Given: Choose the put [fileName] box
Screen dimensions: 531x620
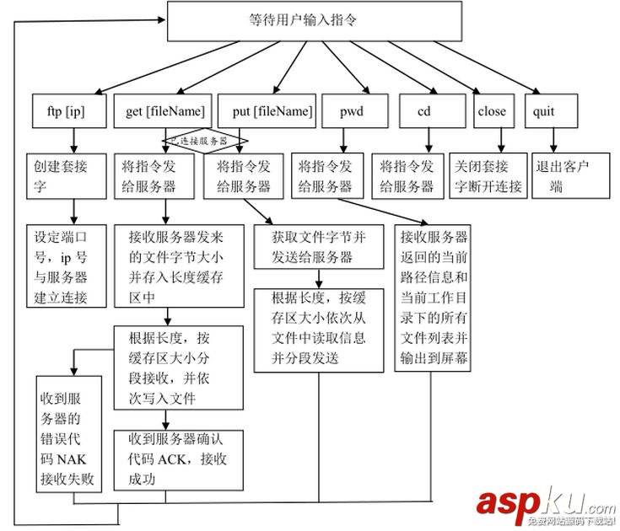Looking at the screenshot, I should [266, 110].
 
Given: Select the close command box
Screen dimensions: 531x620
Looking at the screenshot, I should [492, 110].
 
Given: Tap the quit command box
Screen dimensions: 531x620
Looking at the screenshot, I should [554, 110].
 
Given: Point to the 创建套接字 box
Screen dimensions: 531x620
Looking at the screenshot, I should [71, 175].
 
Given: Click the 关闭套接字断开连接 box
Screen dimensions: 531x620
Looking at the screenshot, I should [488, 175].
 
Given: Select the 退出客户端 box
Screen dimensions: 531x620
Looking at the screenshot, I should [569, 175].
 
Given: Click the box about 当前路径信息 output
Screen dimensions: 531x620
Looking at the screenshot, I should [433, 298].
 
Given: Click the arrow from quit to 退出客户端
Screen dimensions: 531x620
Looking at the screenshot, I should [554, 140].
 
